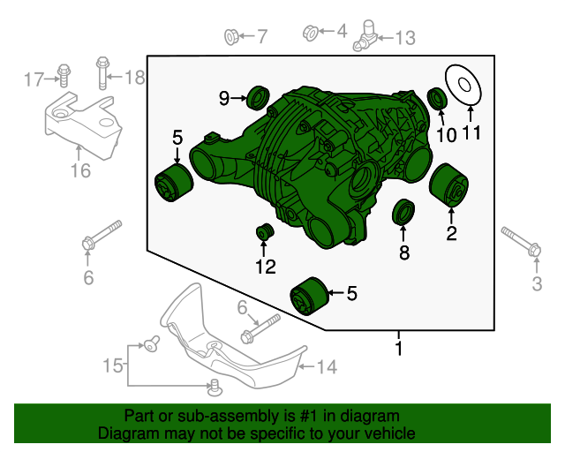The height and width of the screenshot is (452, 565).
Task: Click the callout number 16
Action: [80, 170]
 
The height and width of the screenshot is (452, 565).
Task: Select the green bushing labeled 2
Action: [448, 185]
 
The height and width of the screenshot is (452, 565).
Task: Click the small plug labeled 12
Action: [265, 231]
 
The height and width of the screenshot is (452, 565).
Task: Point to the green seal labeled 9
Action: [258, 97]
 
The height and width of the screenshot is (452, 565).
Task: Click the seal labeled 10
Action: [438, 98]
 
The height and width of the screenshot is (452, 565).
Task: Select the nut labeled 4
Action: [310, 33]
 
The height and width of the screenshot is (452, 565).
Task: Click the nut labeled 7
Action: [231, 37]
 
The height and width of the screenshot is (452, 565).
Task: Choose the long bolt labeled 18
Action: [102, 73]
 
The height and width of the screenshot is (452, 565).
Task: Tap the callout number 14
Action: [328, 367]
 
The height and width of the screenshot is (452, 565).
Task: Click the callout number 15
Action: [113, 365]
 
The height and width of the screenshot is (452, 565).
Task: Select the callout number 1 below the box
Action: [398, 348]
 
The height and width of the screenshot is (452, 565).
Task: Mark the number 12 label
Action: [266, 267]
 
